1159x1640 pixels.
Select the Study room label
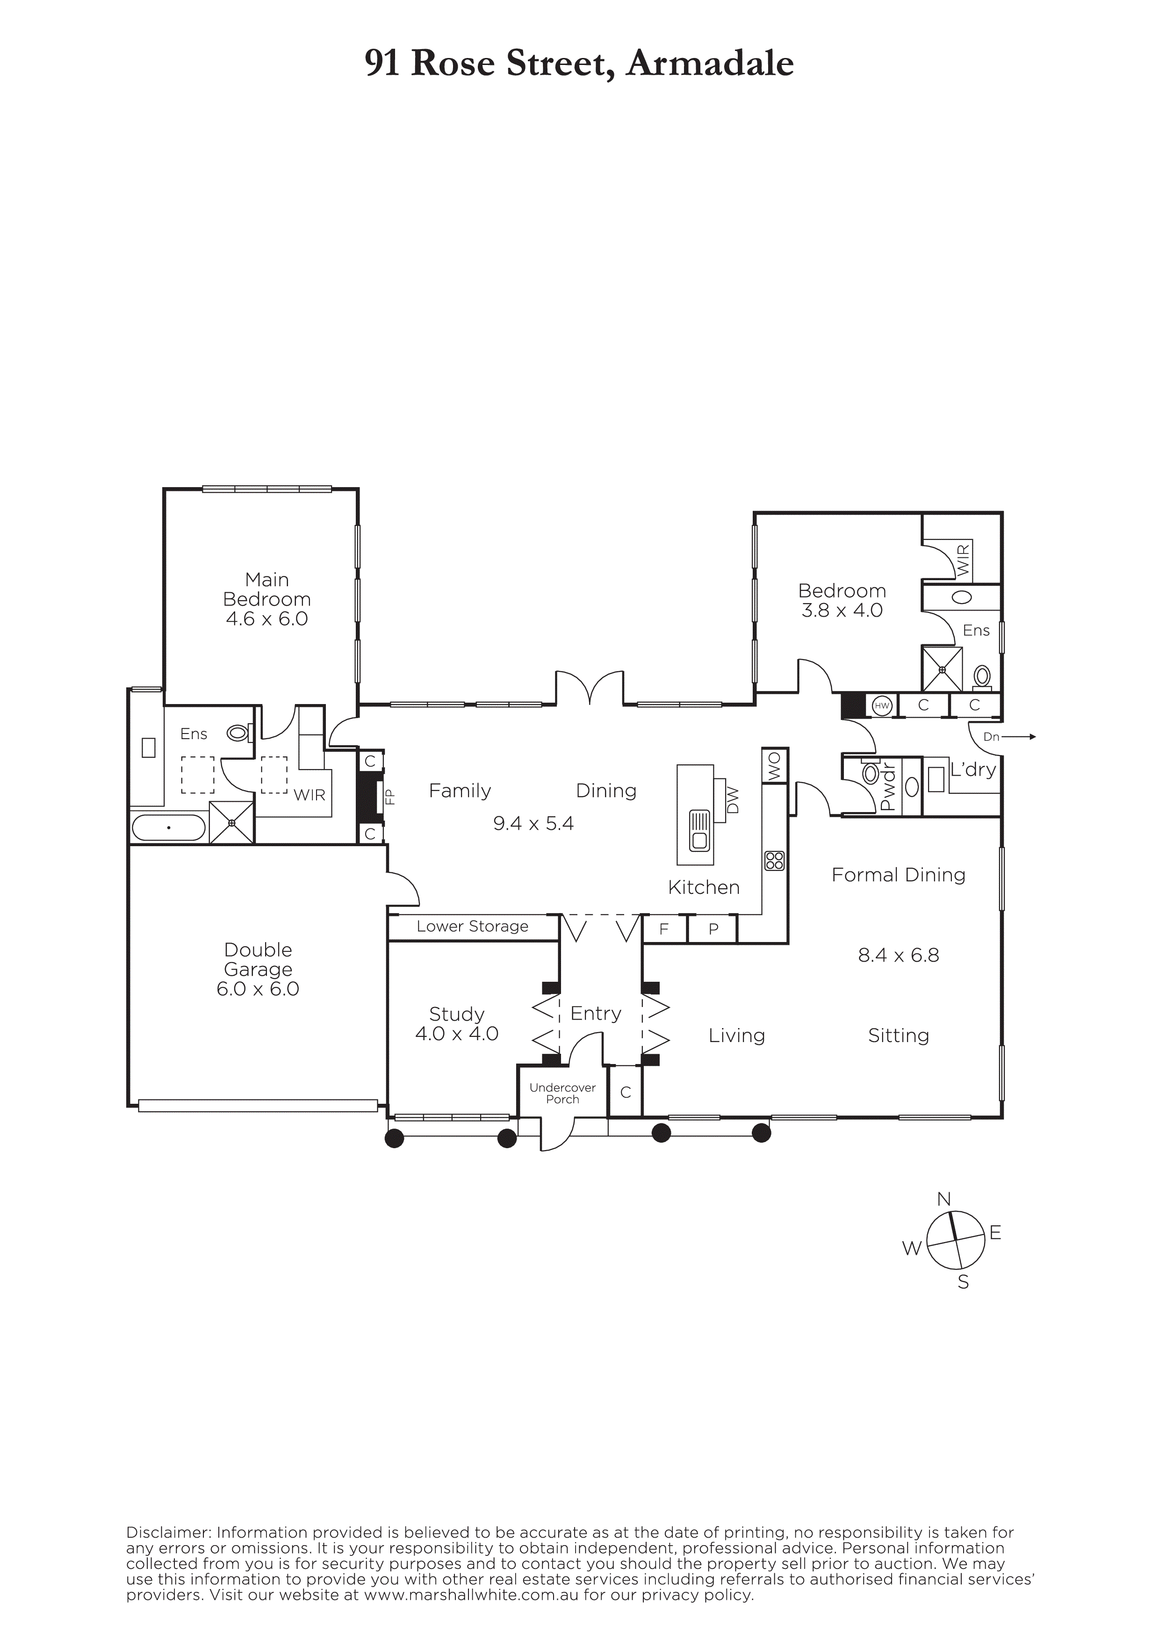point(457,1014)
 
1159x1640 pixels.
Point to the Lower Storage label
point(473,927)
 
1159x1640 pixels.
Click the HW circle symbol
point(883,706)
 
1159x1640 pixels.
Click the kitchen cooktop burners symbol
point(774,861)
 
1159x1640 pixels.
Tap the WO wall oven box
point(775,766)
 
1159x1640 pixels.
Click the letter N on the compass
point(944,1199)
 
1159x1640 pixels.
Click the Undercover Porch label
point(563,1093)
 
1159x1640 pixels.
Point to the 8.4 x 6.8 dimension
point(898,955)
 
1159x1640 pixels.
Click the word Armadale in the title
point(711,64)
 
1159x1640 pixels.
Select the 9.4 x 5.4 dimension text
point(533,824)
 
